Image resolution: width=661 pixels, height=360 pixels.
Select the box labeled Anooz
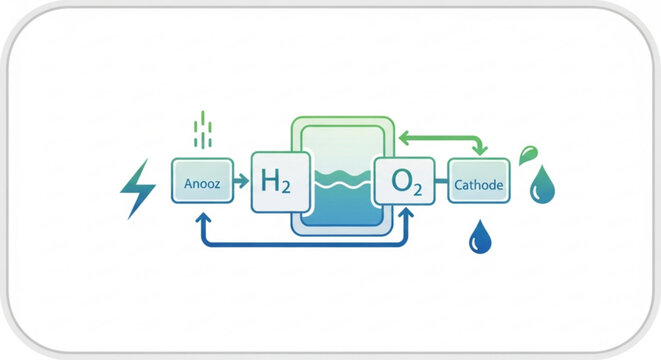pos(202,181)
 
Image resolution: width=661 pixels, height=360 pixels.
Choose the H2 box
pos(275,182)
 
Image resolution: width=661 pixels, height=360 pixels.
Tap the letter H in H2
pos(268,182)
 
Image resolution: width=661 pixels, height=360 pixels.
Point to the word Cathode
pos(478,185)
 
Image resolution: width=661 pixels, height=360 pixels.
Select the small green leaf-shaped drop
pos(528,154)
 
